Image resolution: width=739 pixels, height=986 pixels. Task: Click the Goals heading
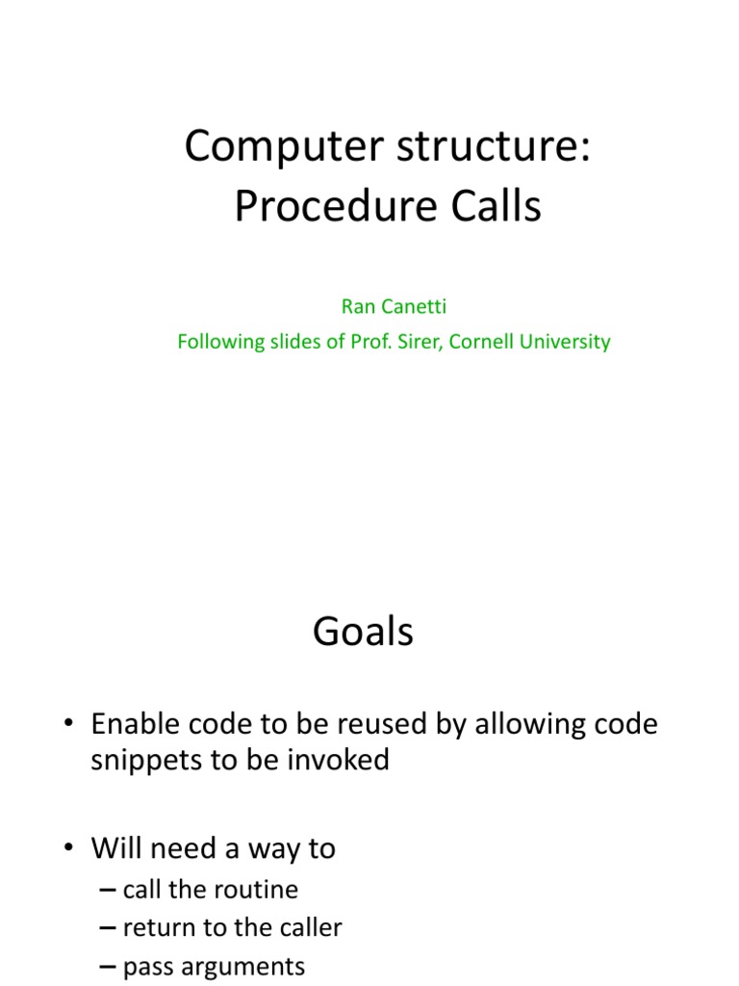pos(363,632)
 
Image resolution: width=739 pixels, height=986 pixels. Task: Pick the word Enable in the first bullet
pos(132,724)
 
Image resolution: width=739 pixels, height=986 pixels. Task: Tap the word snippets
pos(143,760)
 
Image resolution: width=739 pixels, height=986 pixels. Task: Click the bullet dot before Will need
pos(73,848)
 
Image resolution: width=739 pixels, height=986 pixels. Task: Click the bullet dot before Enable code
pos(73,724)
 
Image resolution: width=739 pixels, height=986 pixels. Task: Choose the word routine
pos(259,889)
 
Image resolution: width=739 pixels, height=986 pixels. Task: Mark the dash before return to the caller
pos(107,927)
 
